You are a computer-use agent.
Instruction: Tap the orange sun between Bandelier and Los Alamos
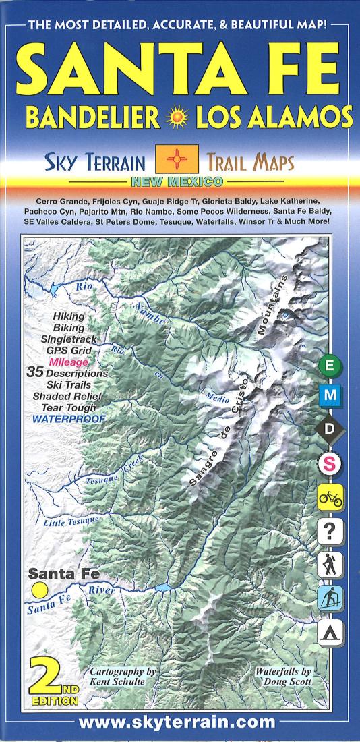[179, 117]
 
